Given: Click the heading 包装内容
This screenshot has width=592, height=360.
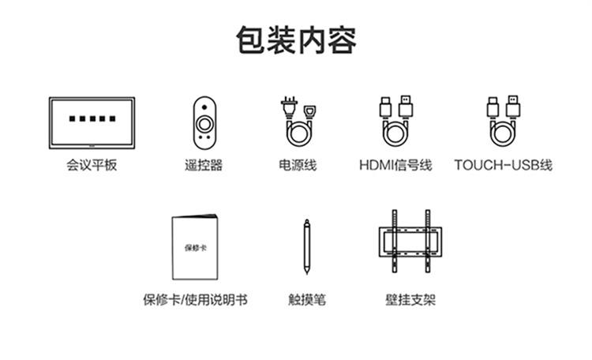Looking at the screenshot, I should click(x=296, y=39).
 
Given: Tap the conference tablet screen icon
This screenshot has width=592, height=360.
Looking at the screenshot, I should click(x=92, y=122).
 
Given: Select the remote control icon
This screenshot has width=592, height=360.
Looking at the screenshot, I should click(x=204, y=122).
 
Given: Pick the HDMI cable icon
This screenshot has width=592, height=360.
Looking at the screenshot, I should click(x=396, y=122).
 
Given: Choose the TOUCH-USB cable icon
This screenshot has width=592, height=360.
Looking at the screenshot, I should click(x=503, y=122).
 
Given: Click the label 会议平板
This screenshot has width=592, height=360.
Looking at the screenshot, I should click(x=92, y=166).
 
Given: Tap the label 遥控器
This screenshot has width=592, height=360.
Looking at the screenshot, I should click(x=204, y=166).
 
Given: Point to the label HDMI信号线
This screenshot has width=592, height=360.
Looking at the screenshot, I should click(x=395, y=166).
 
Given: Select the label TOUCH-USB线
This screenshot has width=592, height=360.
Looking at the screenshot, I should click(x=503, y=166).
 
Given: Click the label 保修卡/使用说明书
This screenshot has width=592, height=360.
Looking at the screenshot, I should click(x=195, y=300).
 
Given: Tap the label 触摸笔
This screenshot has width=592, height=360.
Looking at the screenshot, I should click(x=307, y=300).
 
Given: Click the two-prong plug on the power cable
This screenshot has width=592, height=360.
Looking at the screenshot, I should click(x=287, y=106).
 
